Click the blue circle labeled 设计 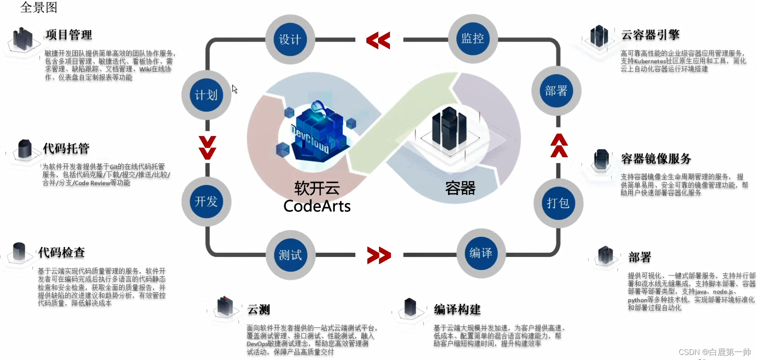point(290,40)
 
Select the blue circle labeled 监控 point(473,39)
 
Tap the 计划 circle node point(206,95)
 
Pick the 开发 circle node point(206,201)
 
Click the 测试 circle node point(290,255)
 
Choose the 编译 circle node point(481,253)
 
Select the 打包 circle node point(558,203)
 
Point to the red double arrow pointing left point(378,40)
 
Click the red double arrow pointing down point(207,148)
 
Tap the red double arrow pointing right point(379,255)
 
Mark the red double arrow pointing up point(559,146)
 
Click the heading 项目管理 point(69,35)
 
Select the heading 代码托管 point(66,148)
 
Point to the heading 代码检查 point(61,252)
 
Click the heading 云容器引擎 point(650,35)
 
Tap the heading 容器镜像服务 point(656,159)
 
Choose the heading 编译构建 point(457,310)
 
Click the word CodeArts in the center point(317,206)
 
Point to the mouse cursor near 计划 point(235,89)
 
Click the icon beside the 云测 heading point(225,307)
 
